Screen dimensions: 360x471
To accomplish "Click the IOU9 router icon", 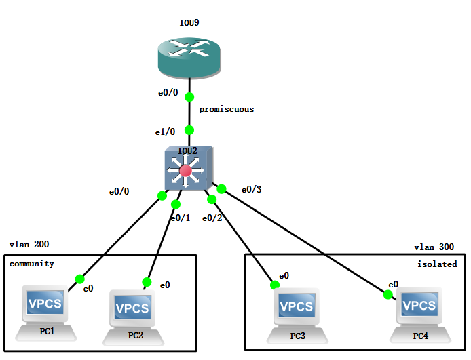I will coord(189,58).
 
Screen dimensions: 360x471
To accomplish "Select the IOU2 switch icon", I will coord(189,169).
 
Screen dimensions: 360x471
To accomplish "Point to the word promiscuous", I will coord(226,109).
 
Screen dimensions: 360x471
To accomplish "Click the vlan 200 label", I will coord(29,245).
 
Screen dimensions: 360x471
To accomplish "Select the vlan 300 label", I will coord(434,247).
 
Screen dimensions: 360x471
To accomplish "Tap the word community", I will coord(31,264).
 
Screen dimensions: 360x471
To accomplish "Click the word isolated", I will coord(437,264).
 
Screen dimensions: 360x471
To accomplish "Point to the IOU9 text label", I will coord(189,23).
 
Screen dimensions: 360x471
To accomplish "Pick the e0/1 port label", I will coord(181,218).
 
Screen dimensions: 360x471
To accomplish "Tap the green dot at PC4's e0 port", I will coord(388,294).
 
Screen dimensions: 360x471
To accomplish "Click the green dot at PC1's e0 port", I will coord(79,279).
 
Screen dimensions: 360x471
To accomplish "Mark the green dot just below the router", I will coord(189,97).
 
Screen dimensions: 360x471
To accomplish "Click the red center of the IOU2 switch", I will coord(185,170).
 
